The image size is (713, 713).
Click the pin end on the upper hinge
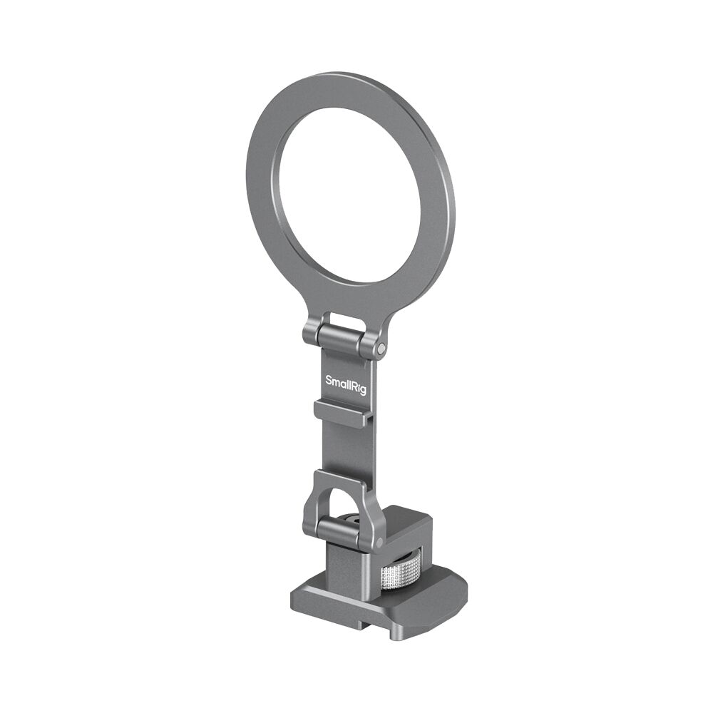[382, 348]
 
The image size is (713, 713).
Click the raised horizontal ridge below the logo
[341, 414]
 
